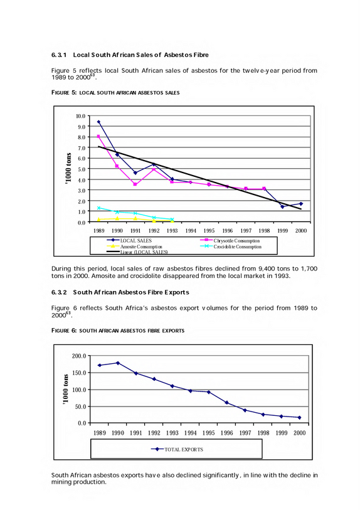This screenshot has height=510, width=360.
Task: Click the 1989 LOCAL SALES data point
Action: coord(98,122)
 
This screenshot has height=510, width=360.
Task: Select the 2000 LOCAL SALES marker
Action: coord(301,204)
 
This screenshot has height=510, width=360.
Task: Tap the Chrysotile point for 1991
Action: coord(135,184)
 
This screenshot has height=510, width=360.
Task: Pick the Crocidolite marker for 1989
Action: coord(98,208)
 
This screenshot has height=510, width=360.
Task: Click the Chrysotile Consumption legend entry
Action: coord(230,241)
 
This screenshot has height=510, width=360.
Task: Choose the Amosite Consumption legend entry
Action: coord(135,247)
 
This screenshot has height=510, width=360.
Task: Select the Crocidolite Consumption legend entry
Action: coord(231,247)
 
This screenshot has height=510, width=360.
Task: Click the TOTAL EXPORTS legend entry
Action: coord(177,450)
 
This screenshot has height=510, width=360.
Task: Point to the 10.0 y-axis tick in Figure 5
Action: coord(81,116)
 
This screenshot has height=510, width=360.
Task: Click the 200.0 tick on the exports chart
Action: coord(79,356)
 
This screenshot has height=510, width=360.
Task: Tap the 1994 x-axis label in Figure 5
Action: coord(191,231)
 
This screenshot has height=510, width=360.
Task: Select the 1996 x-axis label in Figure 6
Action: coord(226,433)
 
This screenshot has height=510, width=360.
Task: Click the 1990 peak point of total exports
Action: coord(118,363)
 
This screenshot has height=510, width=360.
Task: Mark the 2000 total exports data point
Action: coord(300,417)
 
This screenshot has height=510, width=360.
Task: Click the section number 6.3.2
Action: coord(59,292)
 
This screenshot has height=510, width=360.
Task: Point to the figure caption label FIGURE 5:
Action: coord(64,93)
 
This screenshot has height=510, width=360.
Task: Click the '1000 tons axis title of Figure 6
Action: coord(66,390)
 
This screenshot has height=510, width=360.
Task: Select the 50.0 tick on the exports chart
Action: coord(80,406)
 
